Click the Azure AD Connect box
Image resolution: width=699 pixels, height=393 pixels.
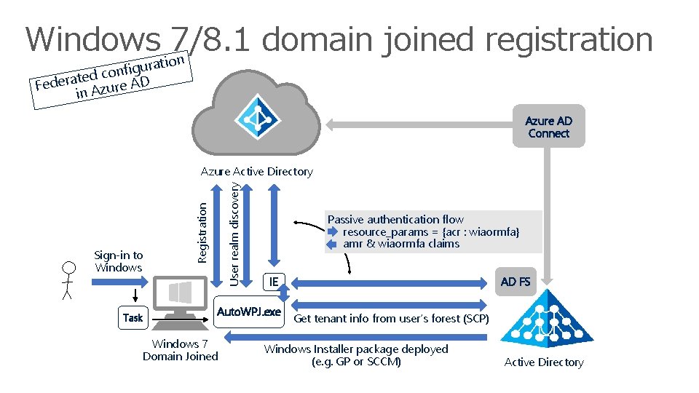(548, 127)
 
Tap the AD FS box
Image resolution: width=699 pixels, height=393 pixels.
(516, 282)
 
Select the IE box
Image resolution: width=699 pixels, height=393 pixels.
(273, 282)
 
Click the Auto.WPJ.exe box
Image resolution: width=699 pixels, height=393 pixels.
(249, 311)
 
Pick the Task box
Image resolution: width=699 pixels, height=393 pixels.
(133, 317)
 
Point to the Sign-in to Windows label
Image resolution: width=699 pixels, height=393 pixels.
(119, 261)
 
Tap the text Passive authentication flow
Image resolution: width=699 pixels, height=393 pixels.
(395, 219)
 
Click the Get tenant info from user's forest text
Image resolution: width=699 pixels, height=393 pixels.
(391, 318)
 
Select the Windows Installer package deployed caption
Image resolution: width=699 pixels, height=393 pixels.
(356, 355)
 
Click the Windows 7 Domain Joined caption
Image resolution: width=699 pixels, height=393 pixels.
(180, 350)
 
